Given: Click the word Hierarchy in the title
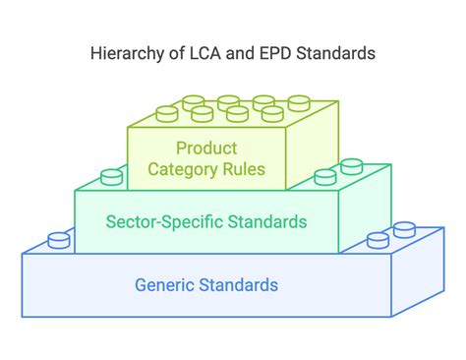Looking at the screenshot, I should coord(125,53).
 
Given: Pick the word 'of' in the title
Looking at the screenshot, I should coord(171,53).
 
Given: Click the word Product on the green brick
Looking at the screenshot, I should coord(205,149).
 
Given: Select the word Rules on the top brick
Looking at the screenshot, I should coord(241,172).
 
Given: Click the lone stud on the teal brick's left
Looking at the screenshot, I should coord(112,177).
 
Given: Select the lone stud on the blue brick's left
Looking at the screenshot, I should coord(60,238).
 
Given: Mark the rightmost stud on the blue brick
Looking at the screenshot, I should coord(404,230).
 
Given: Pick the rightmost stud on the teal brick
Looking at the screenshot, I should coord(350,171).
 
